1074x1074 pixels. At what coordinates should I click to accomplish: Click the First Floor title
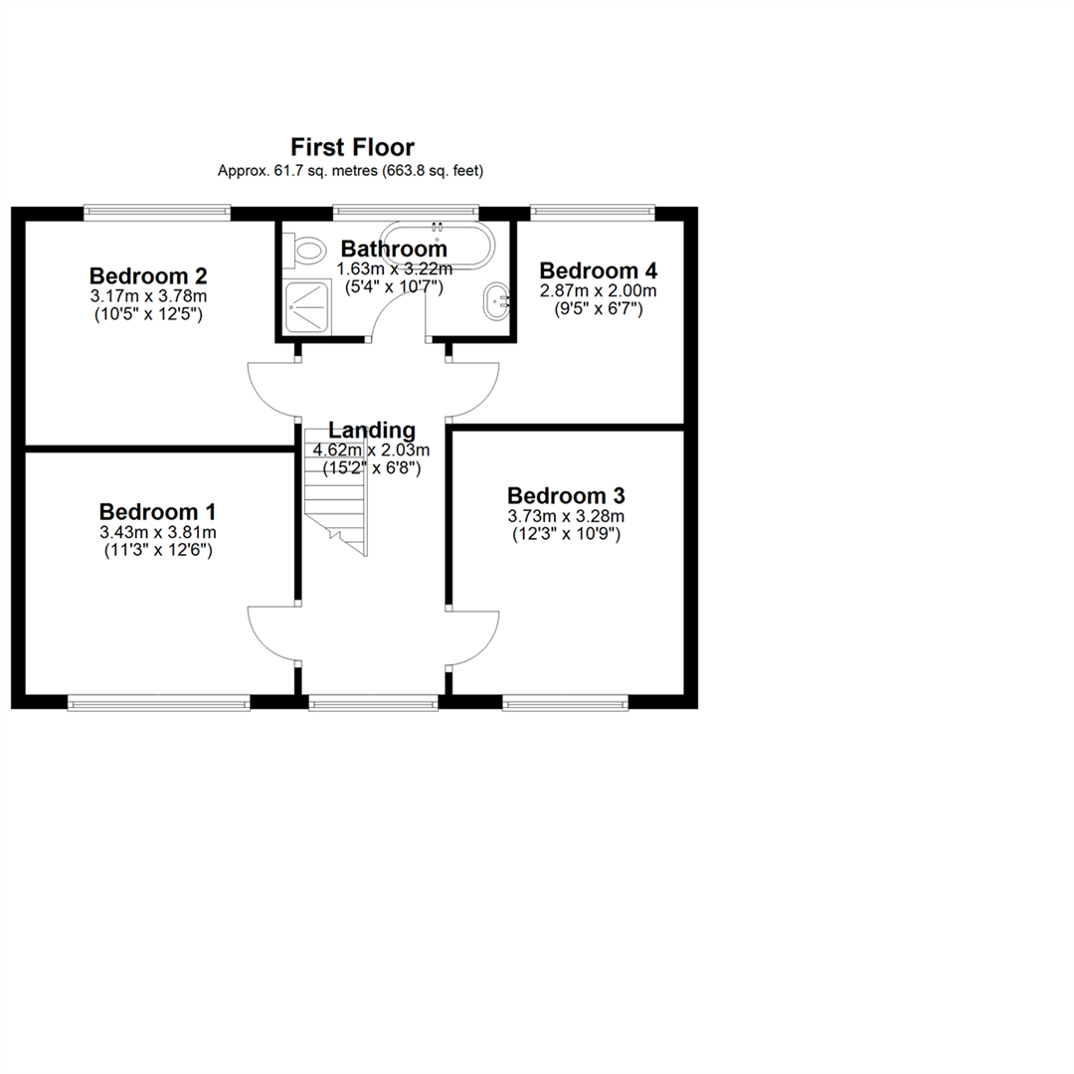352,147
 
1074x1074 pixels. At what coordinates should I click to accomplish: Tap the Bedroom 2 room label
148,276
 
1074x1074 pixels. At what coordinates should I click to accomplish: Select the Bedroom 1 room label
157,512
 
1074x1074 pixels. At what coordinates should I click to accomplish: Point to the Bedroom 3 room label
566,495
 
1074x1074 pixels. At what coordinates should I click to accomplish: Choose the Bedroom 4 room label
598,270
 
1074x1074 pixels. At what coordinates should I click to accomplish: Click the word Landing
372,431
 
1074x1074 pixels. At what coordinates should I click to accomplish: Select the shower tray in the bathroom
307,307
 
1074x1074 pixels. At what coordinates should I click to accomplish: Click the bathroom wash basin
496,301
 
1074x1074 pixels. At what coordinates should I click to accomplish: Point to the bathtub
437,244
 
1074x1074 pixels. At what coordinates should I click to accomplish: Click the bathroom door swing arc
385,301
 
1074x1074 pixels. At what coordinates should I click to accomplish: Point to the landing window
373,702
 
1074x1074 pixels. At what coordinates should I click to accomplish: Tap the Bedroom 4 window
593,213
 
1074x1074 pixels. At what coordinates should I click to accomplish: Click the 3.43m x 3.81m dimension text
158,532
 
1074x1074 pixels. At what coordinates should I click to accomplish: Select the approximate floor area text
351,171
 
